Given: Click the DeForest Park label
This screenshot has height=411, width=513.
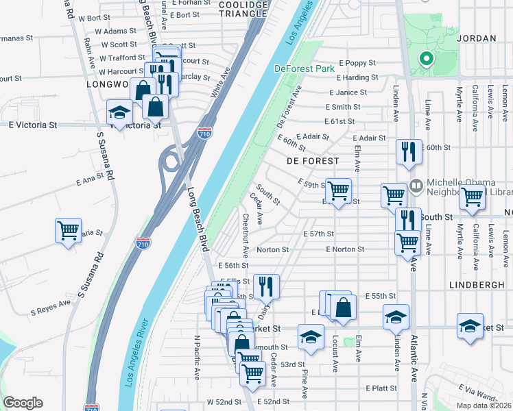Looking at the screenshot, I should coord(304,68).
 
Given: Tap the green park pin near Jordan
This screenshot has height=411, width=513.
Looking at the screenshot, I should coord(426,60).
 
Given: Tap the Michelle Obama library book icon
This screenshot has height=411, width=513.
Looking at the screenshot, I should coord(416,186).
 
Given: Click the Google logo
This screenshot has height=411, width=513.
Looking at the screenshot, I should coord(23,403).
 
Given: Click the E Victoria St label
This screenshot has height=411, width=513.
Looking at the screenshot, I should coord(33,125).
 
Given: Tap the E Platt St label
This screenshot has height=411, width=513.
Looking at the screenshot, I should coord(381,388).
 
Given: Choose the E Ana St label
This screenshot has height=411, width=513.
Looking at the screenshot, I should coord(90,180).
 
